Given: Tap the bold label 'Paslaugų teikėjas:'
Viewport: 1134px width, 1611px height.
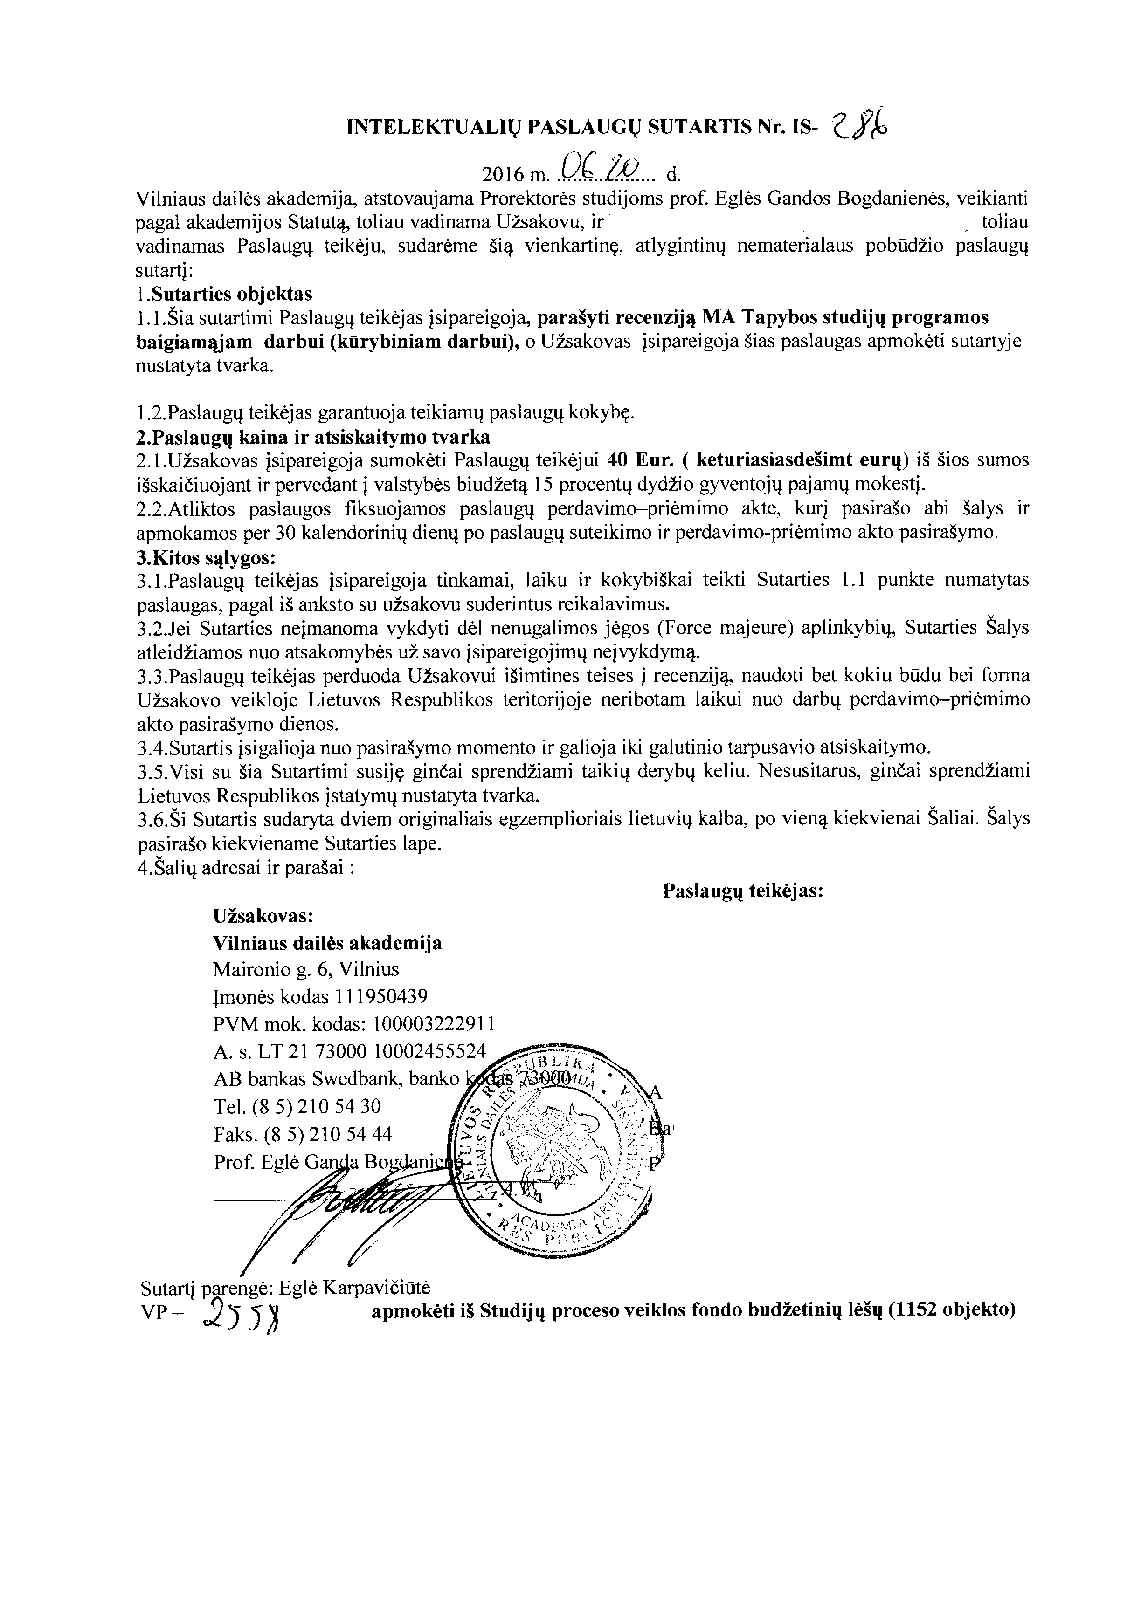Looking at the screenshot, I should click(743, 891).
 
